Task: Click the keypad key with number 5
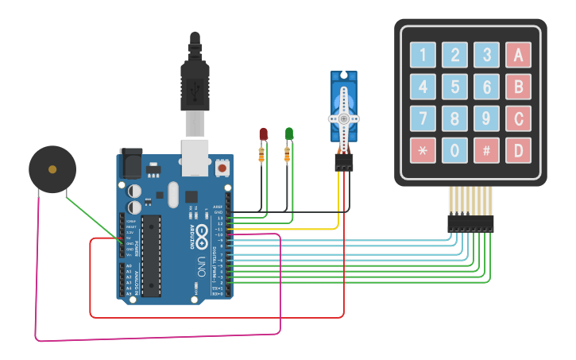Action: [x=454, y=86]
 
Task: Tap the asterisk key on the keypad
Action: [x=423, y=149]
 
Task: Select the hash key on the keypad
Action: [x=486, y=149]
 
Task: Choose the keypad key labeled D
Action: [x=518, y=149]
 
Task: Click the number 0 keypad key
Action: [x=454, y=149]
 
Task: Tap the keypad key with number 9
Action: [x=486, y=118]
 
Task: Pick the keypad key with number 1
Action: [x=423, y=55]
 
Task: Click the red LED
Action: [x=264, y=134]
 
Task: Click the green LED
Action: [x=290, y=134]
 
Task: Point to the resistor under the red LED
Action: [x=261, y=155]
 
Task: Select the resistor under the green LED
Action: [x=288, y=155]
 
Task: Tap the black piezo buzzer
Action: [x=52, y=169]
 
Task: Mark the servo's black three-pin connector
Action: [x=343, y=162]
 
